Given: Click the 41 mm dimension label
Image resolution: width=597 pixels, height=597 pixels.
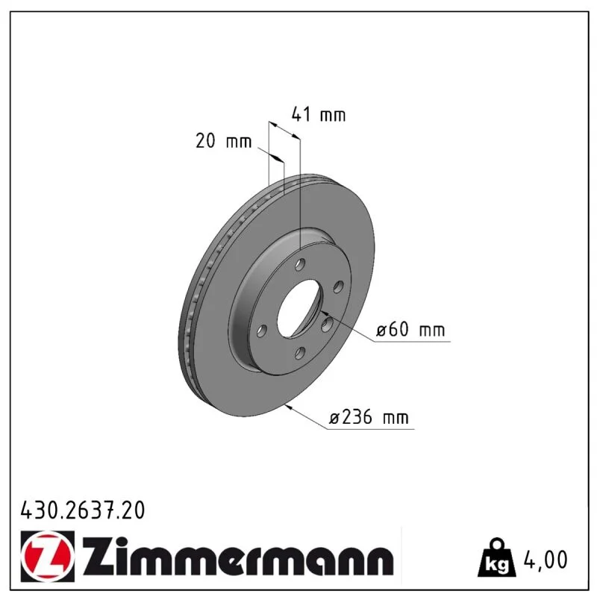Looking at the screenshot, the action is click(319, 115).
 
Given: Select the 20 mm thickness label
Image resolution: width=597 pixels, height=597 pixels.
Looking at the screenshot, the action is click(223, 141).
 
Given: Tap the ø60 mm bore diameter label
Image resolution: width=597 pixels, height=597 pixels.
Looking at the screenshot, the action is click(410, 329).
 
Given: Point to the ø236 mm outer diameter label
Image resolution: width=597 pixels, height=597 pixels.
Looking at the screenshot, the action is click(369, 417).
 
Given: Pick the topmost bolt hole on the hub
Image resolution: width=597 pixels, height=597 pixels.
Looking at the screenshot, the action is click(301, 264).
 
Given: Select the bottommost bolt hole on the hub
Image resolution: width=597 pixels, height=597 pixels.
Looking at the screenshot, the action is click(300, 353).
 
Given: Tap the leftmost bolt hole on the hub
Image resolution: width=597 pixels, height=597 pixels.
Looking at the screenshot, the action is click(261, 331).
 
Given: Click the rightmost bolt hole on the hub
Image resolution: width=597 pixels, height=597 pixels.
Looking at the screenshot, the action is click(339, 287).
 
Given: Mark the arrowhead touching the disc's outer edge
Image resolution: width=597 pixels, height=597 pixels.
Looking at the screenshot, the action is click(289, 407).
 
